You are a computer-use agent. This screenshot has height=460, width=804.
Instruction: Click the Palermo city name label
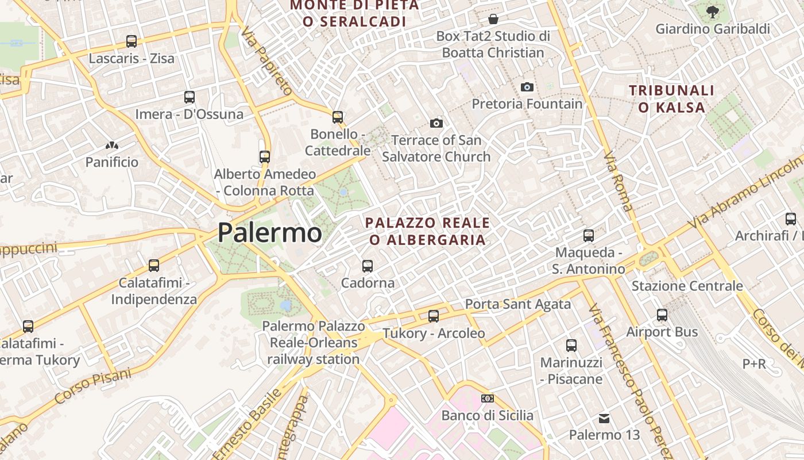point(269,233)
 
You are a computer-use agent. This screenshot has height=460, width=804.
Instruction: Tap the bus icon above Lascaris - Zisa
point(132,41)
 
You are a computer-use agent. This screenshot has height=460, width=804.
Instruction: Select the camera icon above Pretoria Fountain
point(527,87)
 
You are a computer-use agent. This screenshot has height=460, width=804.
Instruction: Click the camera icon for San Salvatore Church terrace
point(436,123)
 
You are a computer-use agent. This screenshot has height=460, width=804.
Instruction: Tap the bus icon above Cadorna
point(368,266)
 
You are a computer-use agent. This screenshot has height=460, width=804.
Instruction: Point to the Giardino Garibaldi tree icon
point(712,11)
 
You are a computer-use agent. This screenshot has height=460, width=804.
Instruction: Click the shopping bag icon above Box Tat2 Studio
point(493,19)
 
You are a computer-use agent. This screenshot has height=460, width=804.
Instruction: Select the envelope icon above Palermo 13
point(604,418)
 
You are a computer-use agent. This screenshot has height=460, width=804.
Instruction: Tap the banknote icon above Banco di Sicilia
point(487,398)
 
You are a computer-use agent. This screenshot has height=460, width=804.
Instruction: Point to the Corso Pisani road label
point(93,385)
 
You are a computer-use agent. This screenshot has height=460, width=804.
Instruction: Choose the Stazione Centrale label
point(687,286)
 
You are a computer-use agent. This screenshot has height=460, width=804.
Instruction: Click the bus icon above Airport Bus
point(662,315)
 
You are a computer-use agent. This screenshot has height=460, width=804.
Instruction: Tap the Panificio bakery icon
point(112,146)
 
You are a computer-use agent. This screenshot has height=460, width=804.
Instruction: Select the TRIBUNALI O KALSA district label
point(671,99)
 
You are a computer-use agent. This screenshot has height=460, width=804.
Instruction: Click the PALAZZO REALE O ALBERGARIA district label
point(428,231)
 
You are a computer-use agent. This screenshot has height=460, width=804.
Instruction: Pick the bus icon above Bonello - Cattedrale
point(338,117)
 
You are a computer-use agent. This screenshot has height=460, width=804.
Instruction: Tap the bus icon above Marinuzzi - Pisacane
point(571,346)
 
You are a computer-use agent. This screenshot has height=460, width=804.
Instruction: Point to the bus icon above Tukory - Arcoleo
point(434,316)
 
